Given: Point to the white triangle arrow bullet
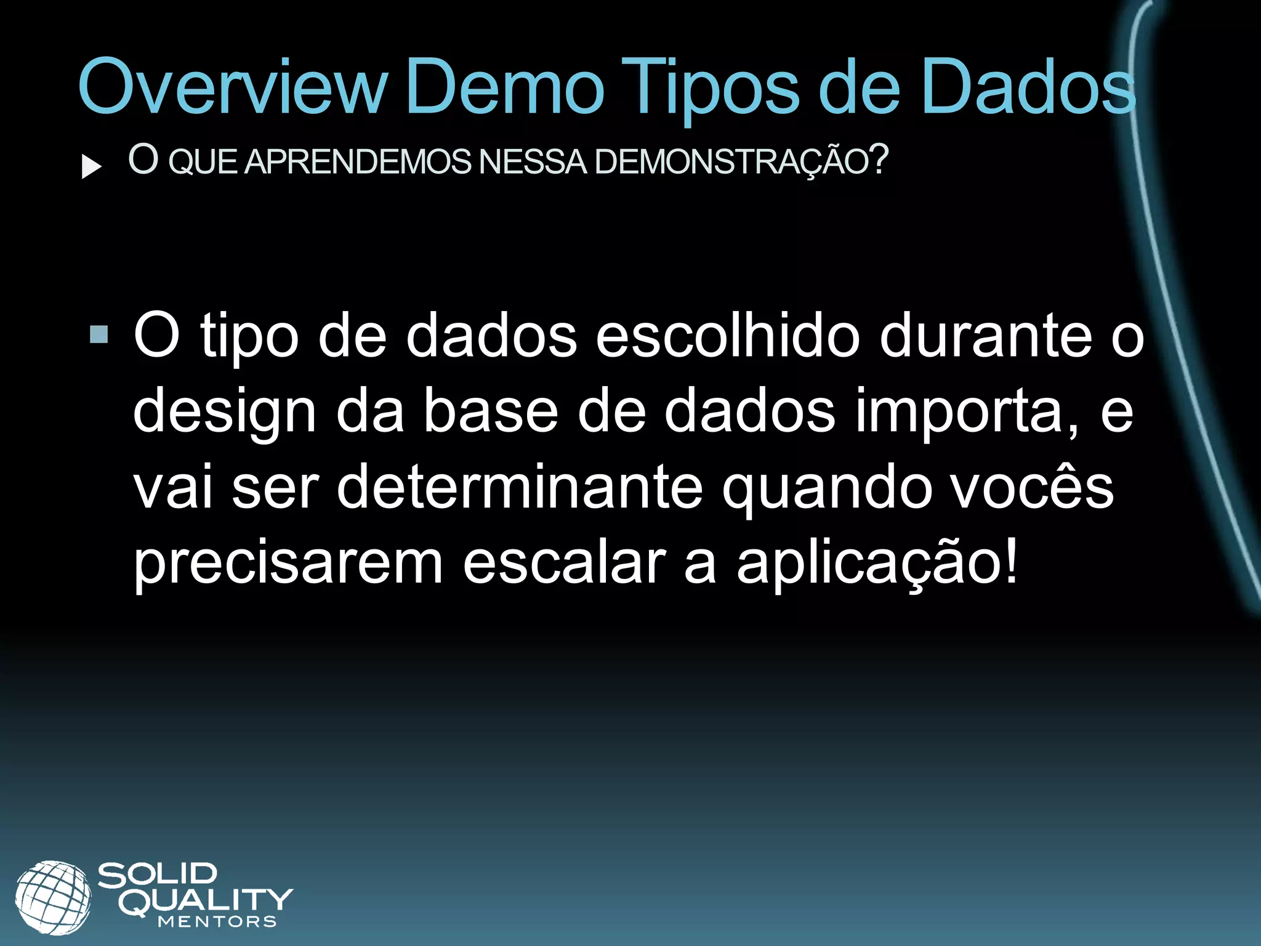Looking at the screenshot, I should click(91, 166).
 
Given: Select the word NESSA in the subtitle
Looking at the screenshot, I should click(533, 161).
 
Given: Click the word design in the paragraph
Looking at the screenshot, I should click(225, 413).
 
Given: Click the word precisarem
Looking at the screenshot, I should click(288, 563).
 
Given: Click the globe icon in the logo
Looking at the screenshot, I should click(53, 897).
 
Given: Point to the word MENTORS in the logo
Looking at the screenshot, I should click(217, 922).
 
